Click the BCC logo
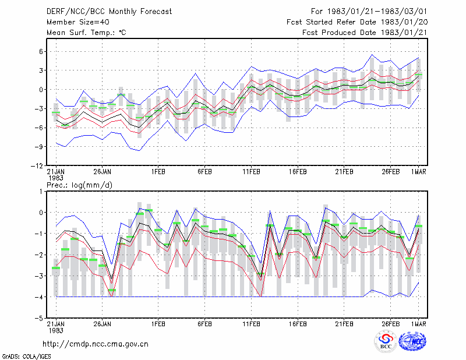pos(386,342)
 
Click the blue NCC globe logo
pos(412,341)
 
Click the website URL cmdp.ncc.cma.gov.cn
pos(96,344)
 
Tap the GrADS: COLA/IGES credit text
pos(26,357)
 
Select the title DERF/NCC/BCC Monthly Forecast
pos(109,12)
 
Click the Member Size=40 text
pos(78,22)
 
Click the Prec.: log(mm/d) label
pos(79,185)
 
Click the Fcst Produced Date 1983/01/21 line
pos(365,33)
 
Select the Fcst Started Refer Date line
pos(357,22)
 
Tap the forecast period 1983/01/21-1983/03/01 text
pos(369,12)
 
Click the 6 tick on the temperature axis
pos(41,51)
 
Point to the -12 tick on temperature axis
pos(37,166)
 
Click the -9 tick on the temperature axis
pos(39,147)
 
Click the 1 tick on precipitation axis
pos(41,192)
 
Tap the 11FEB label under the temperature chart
pos(252,172)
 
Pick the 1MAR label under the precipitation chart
pos(419,324)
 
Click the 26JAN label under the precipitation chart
pos(103,324)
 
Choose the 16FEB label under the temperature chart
pos(298,172)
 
